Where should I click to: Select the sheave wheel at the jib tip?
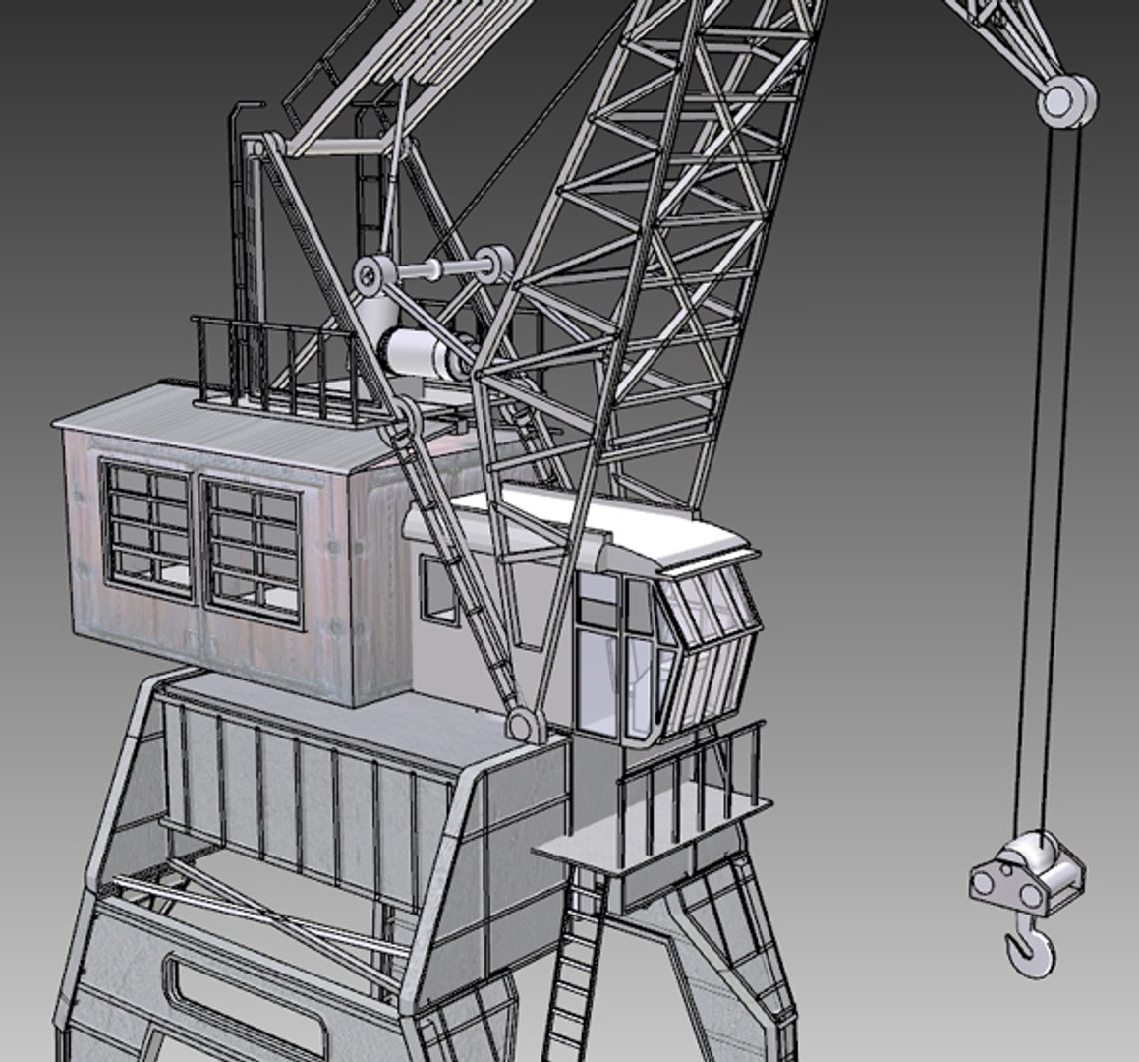point(1065,100)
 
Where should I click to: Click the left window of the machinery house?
point(147,531)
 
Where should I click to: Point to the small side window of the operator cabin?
point(438,590)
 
